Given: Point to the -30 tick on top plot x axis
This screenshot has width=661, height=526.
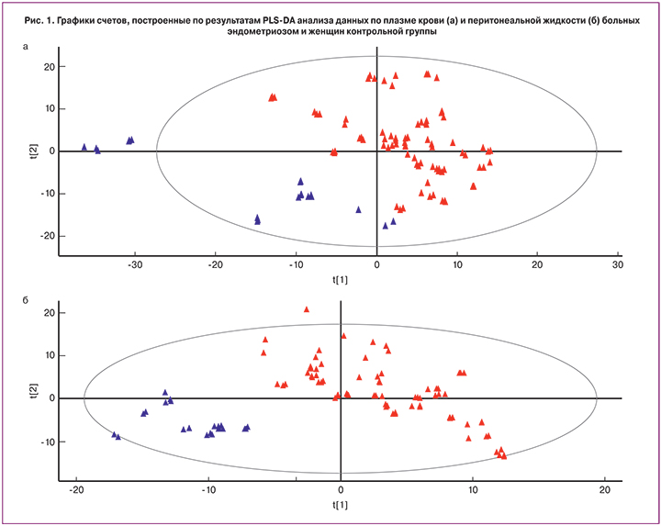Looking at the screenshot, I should coord(135,265).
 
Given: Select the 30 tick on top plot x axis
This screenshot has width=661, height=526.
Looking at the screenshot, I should coord(618,265).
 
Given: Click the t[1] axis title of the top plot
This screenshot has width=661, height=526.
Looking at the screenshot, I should coord(376,277).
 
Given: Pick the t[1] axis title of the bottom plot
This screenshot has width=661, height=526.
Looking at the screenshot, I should coord(341,505).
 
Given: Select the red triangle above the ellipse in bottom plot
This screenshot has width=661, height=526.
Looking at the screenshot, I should coord(307,309).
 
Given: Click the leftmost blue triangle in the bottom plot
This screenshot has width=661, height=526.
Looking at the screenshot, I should coord(114,434).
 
